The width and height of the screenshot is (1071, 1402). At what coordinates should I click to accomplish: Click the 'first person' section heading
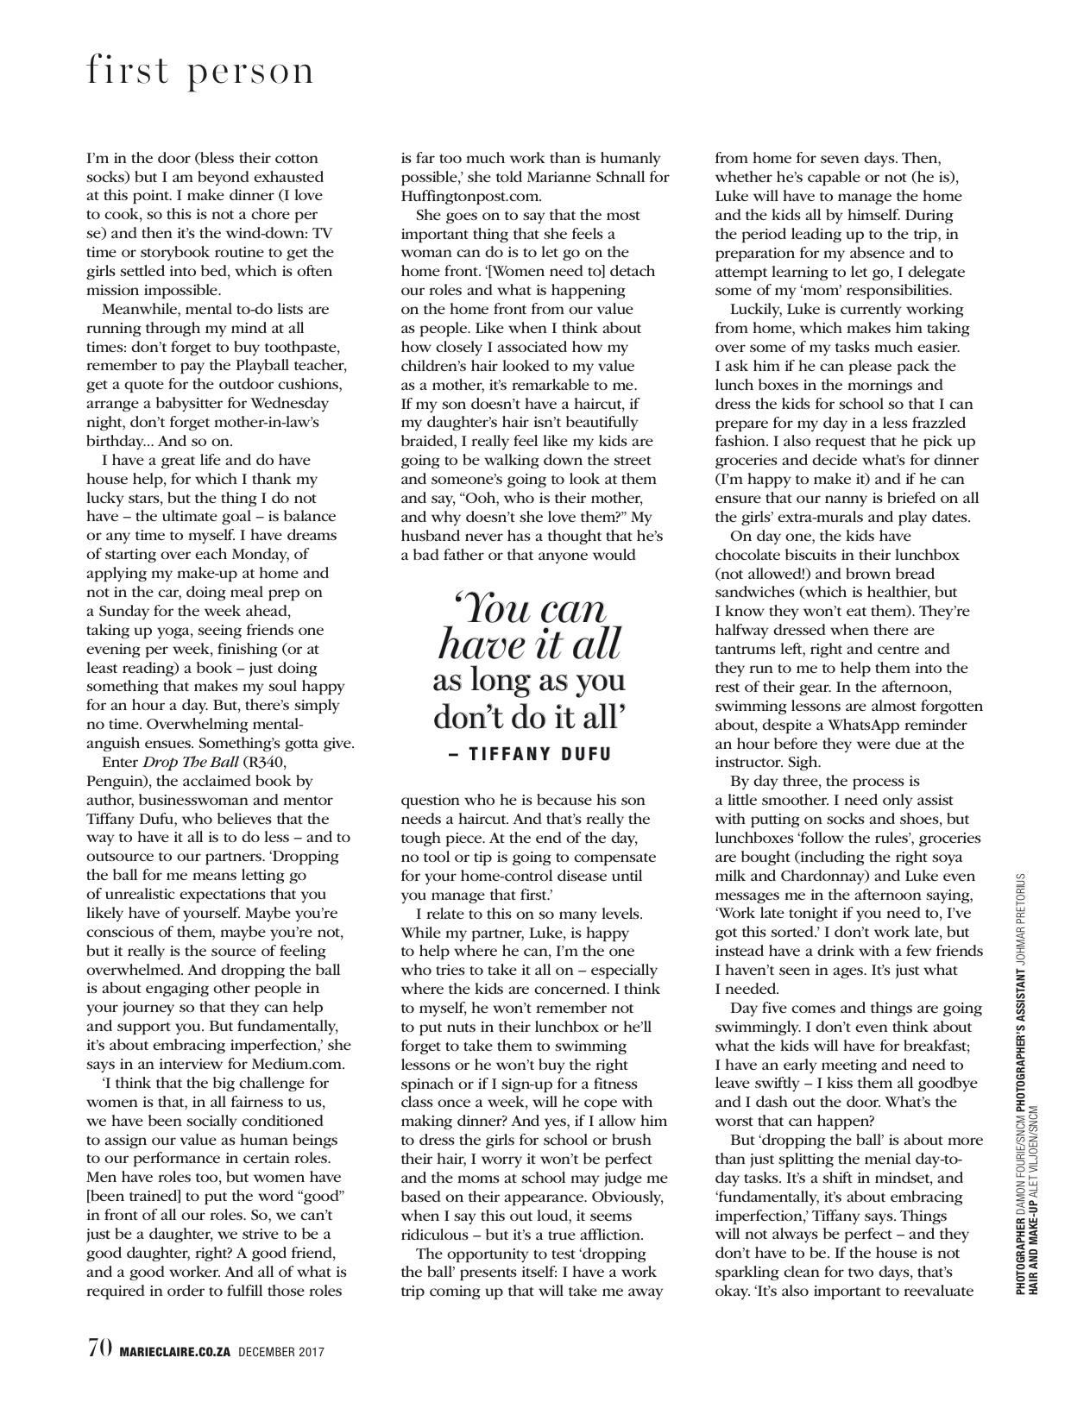tap(200, 72)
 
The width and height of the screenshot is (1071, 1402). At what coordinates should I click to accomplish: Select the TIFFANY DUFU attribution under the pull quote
tap(530, 754)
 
